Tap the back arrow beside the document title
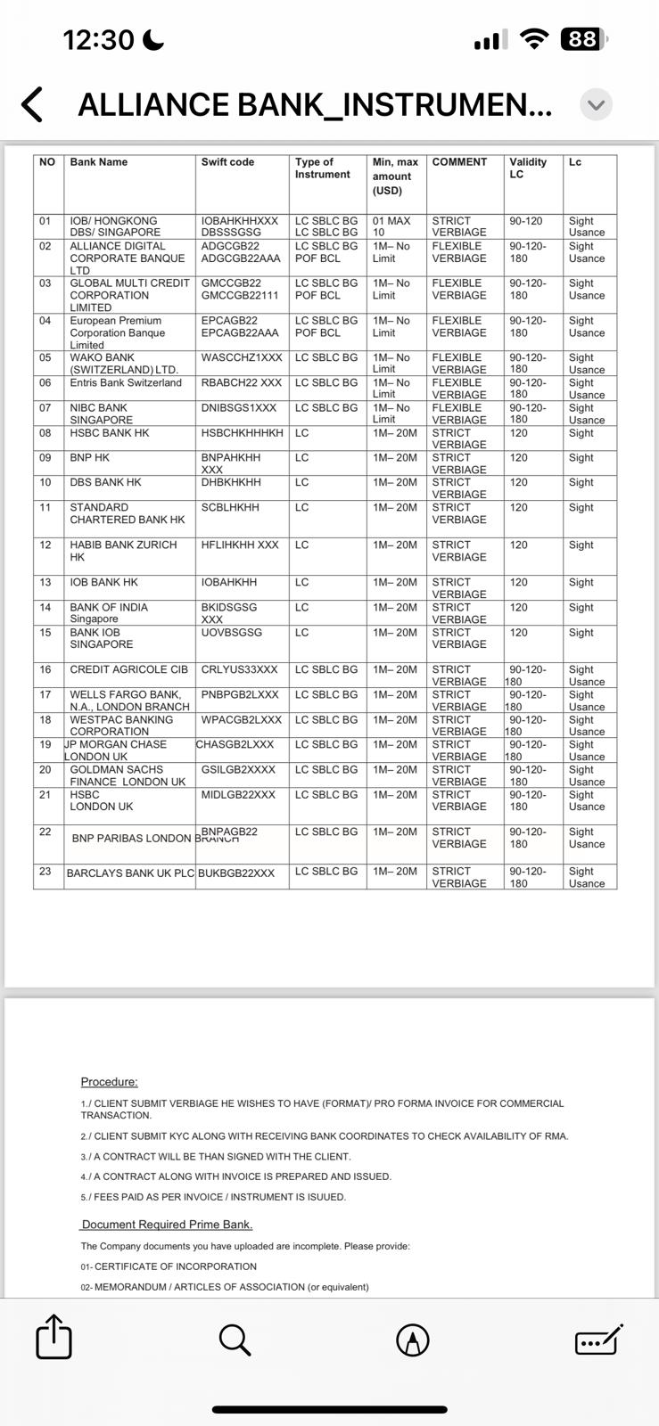32,104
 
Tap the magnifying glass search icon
235,1339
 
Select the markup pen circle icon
412,1340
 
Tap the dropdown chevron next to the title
596,105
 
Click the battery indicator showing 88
583,39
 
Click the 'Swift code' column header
227,162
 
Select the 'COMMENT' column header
459,162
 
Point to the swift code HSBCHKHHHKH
242,433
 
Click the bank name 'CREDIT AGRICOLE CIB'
129,669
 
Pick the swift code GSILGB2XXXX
238,769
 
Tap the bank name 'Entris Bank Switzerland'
126,382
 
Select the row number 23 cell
45,872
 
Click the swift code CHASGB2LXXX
235,744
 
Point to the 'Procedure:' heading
109,1082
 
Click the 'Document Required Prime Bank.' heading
167,1225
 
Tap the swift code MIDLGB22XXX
238,794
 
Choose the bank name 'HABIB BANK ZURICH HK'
123,551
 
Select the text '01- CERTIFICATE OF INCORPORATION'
169,1266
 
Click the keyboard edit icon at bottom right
598,1339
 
